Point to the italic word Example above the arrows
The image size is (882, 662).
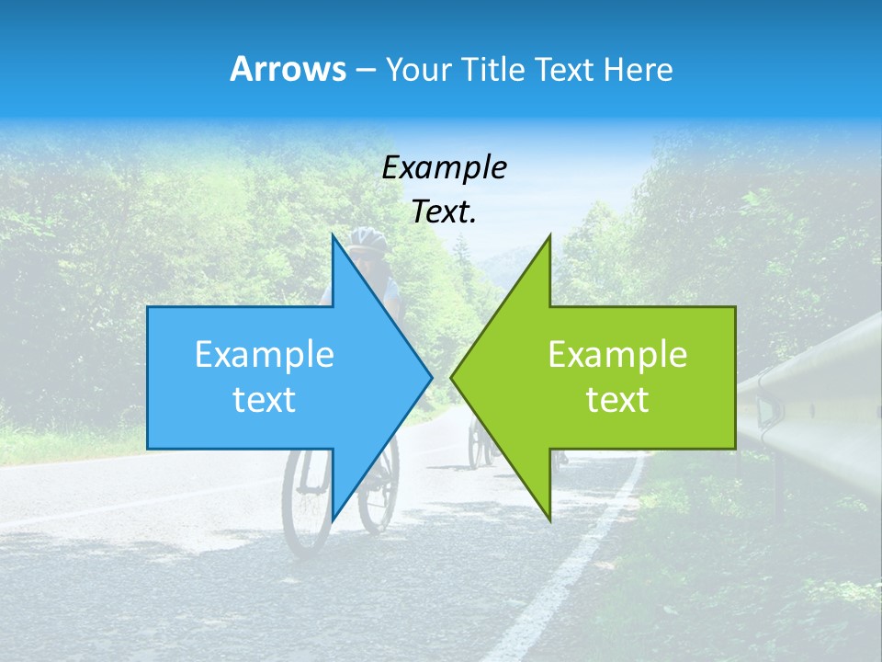pyautogui.click(x=444, y=168)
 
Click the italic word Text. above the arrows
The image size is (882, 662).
pyautogui.click(x=444, y=212)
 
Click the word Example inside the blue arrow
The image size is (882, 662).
pyautogui.click(x=265, y=355)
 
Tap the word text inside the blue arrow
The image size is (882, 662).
pyautogui.click(x=265, y=400)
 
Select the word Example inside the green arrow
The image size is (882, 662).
pyautogui.click(x=617, y=355)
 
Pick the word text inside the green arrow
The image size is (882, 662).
pyautogui.click(x=617, y=400)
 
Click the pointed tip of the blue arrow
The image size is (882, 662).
pyautogui.click(x=430, y=377)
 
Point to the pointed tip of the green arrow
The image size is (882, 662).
pyautogui.click(x=453, y=377)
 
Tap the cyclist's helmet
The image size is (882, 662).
pyautogui.click(x=367, y=240)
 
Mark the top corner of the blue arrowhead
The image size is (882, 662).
pyautogui.click(x=334, y=237)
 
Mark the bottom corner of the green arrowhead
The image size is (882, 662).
pyautogui.click(x=549, y=519)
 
